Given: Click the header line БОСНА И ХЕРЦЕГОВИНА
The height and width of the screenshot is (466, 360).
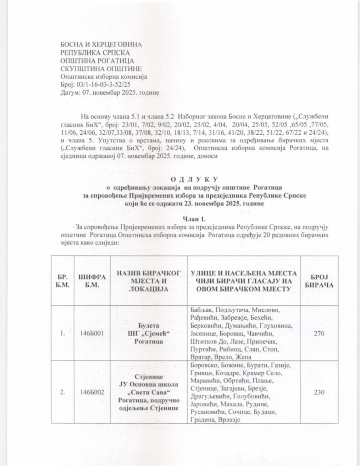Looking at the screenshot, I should [101, 44].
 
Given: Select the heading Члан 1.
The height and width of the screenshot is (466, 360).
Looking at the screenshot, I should [181, 218].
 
